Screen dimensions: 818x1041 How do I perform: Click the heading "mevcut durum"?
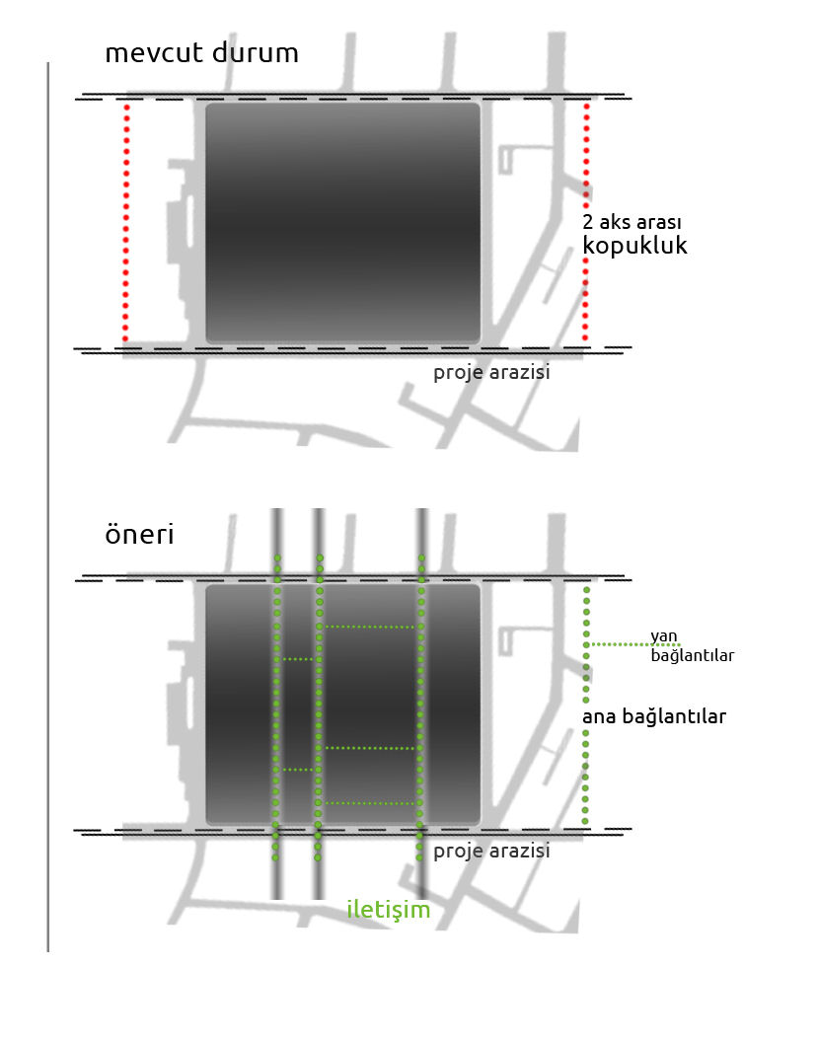202,53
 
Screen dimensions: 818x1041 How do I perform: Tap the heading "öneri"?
139,535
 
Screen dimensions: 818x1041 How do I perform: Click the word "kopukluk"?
634,246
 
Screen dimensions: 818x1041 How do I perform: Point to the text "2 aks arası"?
632,222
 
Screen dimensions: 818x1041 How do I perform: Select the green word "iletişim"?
389,909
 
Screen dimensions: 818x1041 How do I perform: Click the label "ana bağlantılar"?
654,716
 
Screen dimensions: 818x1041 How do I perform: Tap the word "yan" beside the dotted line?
664,636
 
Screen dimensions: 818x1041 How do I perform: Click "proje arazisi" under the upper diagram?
491,372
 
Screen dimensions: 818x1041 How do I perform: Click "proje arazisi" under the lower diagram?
491,852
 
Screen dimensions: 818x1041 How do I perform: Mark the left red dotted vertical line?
126,223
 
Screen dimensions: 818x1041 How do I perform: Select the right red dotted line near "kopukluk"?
585,223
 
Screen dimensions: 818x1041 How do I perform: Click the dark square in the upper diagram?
342,223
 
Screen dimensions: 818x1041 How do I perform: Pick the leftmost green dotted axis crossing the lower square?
277,707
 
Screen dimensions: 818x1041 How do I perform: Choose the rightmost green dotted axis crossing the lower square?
420,707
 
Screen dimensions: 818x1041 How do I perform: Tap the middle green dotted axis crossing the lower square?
319,707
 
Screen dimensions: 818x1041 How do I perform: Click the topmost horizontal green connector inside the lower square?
370,627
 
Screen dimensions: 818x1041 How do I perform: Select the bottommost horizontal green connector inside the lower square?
370,803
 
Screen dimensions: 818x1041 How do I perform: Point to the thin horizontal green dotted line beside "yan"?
634,644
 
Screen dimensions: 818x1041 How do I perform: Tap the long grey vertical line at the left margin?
47,507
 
